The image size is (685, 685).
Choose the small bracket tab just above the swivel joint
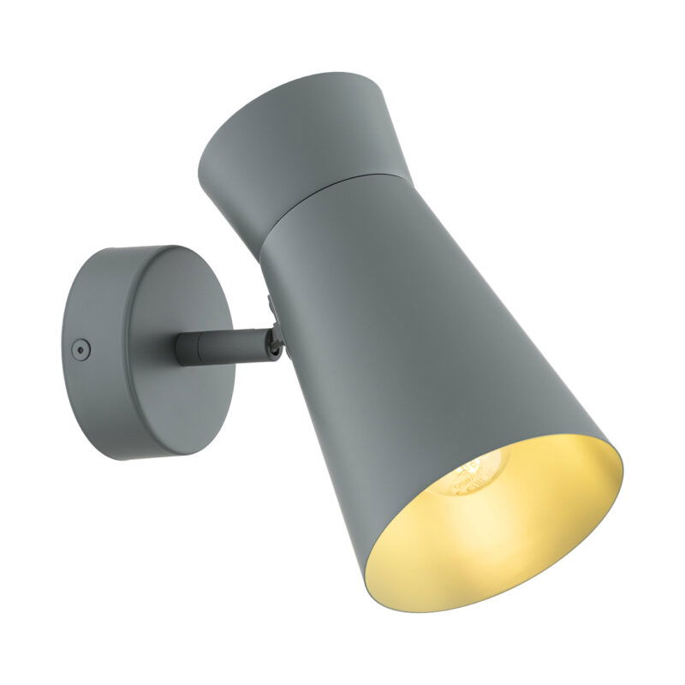[270, 304]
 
